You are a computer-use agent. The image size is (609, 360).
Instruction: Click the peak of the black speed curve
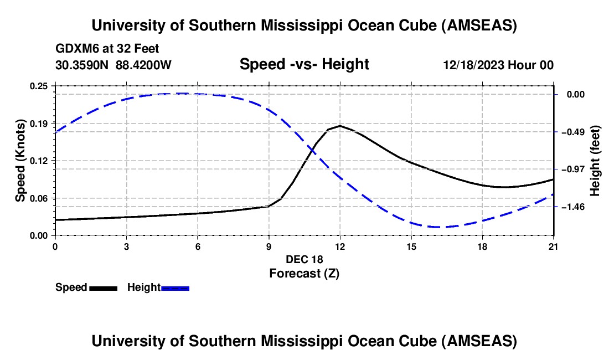tap(340, 126)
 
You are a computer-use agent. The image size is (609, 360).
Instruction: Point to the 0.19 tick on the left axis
tap(39, 123)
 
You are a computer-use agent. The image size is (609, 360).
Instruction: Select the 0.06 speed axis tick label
tap(39, 198)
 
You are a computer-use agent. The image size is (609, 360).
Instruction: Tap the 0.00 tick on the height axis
tap(576, 94)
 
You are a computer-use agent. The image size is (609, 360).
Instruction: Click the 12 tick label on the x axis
tap(340, 245)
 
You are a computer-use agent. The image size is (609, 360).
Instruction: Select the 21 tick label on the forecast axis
tap(554, 245)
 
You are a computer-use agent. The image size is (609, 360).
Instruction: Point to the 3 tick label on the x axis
tap(126, 245)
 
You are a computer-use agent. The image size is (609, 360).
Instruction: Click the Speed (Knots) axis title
tap(20, 161)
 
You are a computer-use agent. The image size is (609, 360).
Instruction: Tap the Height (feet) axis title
tap(595, 161)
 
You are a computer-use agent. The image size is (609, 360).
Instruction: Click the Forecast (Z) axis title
tap(304, 273)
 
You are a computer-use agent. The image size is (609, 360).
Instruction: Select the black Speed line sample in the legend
tap(103, 288)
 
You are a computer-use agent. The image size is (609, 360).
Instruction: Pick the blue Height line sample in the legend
tap(175, 288)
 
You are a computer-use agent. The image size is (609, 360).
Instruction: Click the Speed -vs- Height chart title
tap(304, 64)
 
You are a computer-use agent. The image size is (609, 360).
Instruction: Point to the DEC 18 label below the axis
tap(304, 259)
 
